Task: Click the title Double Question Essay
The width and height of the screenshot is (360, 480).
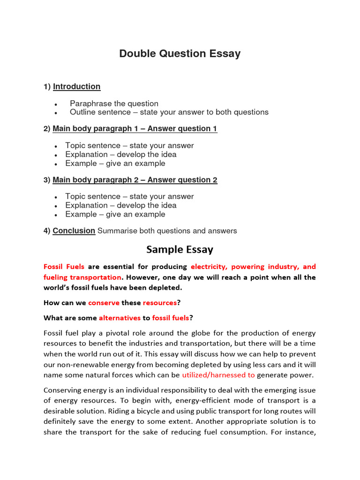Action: [x=180, y=53]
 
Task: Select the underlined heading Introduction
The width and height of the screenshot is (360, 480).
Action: [x=76, y=86]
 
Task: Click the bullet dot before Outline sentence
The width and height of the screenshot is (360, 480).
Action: [x=56, y=113]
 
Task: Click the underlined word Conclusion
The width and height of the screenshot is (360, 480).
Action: [x=74, y=231]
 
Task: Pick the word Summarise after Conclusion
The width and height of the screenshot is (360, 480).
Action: [x=117, y=231]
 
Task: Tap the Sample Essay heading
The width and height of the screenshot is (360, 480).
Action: [x=180, y=249]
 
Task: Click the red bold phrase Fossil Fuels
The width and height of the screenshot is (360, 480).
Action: [x=64, y=266]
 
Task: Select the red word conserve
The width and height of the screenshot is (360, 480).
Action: [x=104, y=303]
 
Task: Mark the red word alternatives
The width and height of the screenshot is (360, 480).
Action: [x=120, y=318]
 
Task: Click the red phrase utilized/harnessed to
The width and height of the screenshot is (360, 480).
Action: [x=218, y=375]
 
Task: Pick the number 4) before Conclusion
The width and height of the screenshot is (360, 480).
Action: [x=47, y=231]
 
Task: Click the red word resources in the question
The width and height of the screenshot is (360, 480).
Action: [x=160, y=303]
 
